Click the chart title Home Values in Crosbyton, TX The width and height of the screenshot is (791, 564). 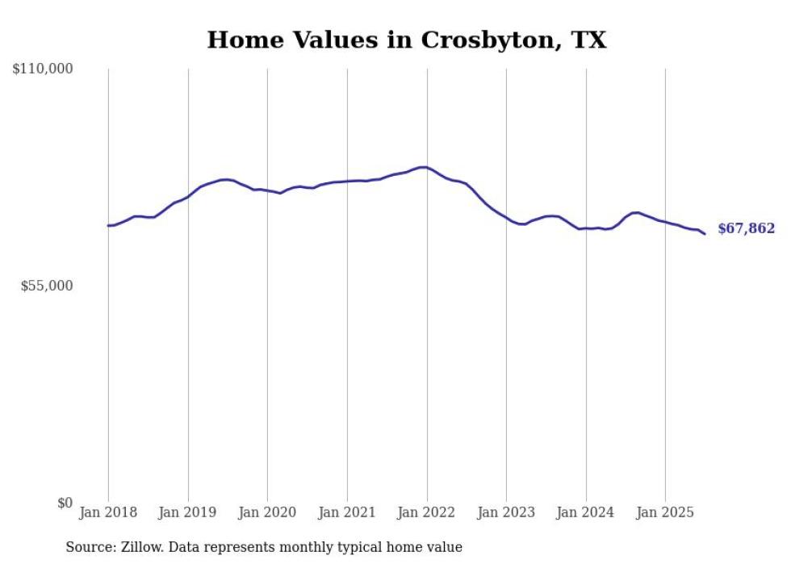click(x=406, y=40)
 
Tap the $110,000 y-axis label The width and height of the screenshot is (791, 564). click(x=43, y=69)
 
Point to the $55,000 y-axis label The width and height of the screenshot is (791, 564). click(x=46, y=286)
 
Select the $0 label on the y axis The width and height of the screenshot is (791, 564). click(x=65, y=503)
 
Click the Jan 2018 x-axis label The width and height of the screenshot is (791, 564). click(x=108, y=512)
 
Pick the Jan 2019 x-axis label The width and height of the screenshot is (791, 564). click(x=188, y=512)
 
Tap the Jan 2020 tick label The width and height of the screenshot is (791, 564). click(x=267, y=512)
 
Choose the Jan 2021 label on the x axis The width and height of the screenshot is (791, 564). click(x=347, y=512)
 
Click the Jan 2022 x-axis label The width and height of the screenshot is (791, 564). click(x=427, y=512)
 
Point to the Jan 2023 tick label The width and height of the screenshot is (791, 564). click(x=506, y=512)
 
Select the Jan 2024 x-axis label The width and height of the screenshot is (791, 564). click(x=586, y=512)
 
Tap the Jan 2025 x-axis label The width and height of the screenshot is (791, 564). click(x=665, y=512)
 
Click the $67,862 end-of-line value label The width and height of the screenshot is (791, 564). click(x=746, y=229)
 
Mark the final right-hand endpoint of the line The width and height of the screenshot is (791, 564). click(x=705, y=234)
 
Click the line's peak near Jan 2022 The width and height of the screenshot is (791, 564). click(x=424, y=167)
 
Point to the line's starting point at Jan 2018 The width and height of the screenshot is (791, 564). click(x=108, y=225)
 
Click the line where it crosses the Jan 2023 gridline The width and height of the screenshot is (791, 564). click(x=506, y=218)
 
